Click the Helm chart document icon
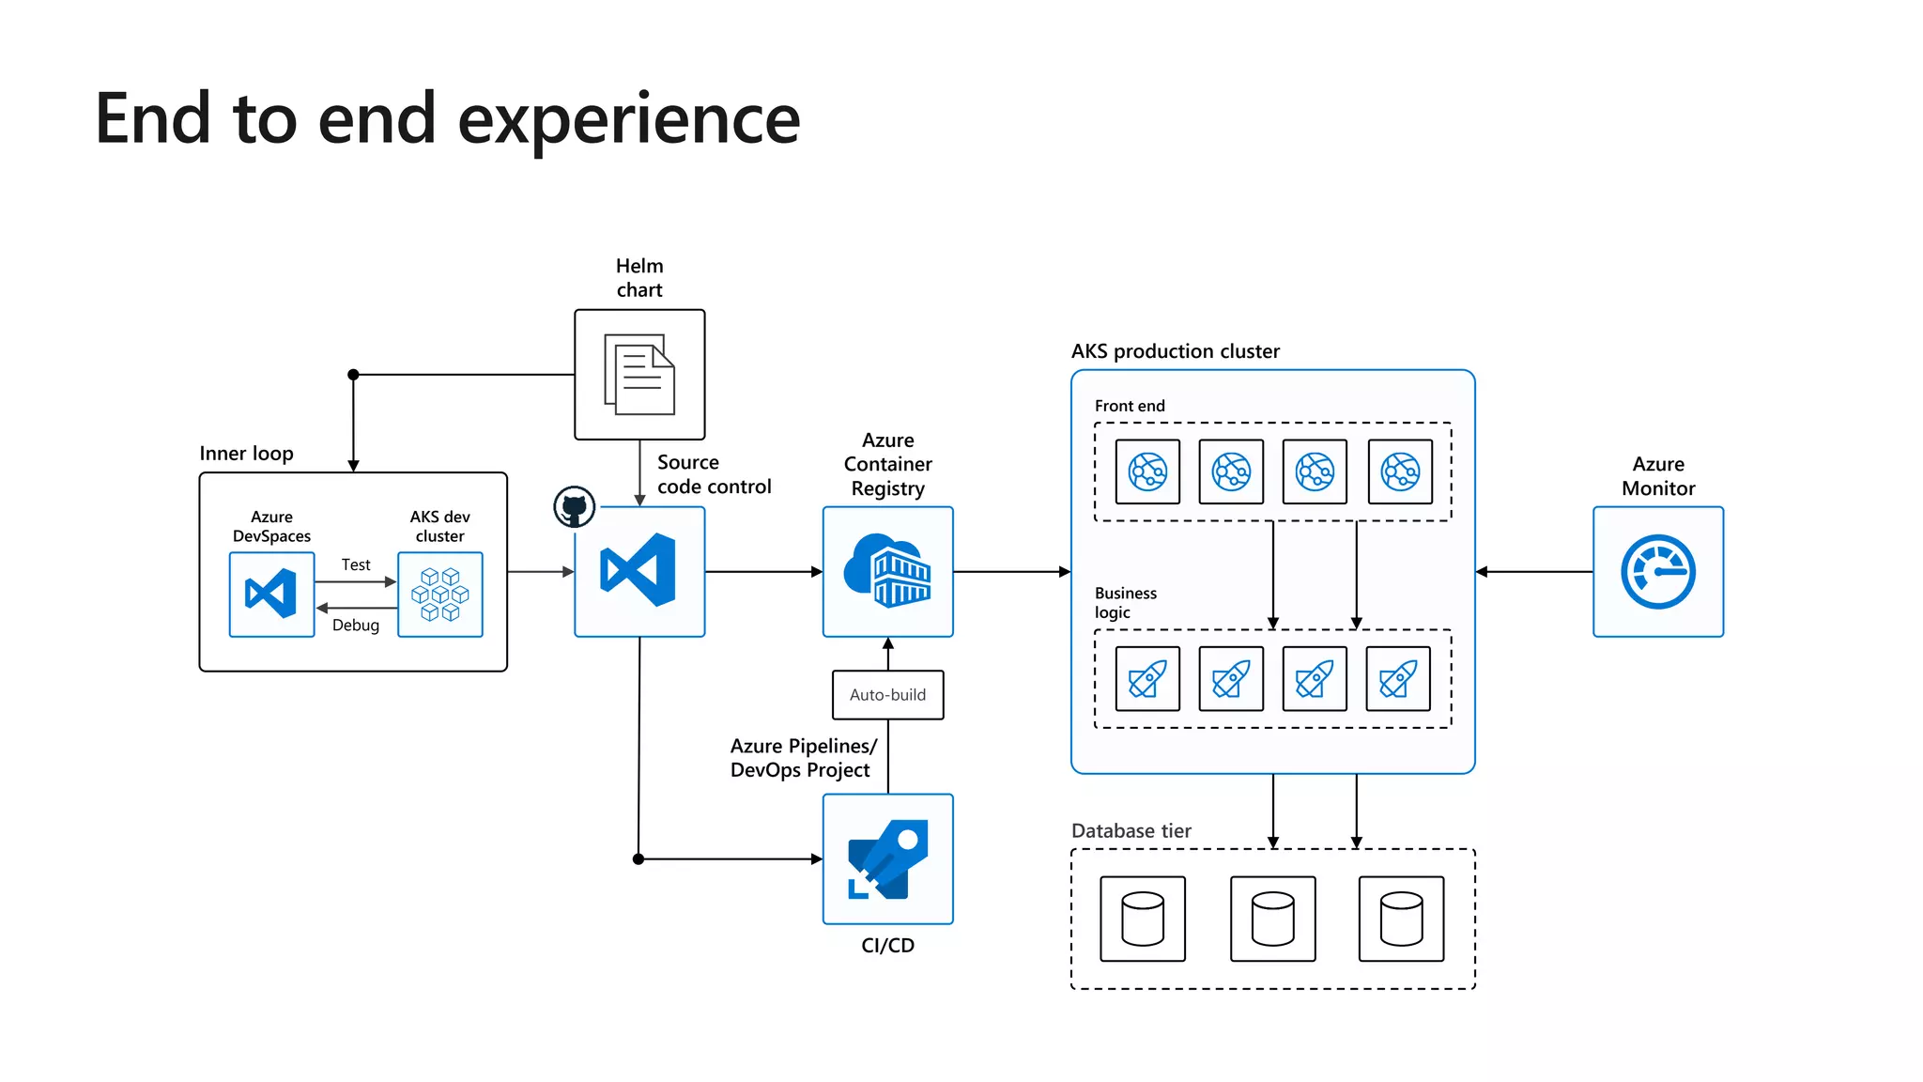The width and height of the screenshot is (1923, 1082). tap(639, 374)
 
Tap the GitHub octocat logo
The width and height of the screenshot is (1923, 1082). tap(574, 507)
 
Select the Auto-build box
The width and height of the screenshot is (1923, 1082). tap(887, 695)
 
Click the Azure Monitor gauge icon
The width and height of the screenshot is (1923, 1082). tap(1657, 571)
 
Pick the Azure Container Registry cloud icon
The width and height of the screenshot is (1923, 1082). tap(887, 571)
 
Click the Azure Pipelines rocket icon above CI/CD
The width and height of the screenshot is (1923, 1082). tap(887, 858)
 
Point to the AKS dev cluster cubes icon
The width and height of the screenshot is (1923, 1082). tap(439, 595)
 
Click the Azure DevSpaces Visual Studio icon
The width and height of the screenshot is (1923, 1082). tap(271, 595)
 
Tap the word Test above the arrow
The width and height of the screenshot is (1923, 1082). tap(356, 564)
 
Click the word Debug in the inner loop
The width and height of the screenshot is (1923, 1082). tap(356, 626)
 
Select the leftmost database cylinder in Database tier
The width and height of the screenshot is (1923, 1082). tap(1143, 919)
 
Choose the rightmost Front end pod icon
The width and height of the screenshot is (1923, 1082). tap(1400, 471)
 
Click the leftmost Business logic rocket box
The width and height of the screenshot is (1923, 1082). tap(1147, 678)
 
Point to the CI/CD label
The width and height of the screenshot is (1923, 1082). tap(887, 946)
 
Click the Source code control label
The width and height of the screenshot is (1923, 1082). tap(714, 474)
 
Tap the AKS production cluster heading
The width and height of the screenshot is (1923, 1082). tap(1175, 351)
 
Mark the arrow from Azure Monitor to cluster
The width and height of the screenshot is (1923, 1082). tap(1534, 571)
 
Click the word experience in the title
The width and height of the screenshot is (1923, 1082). tap(628, 119)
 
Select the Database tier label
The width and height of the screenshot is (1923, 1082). tap(1131, 831)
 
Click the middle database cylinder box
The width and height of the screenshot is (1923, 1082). tap(1272, 919)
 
